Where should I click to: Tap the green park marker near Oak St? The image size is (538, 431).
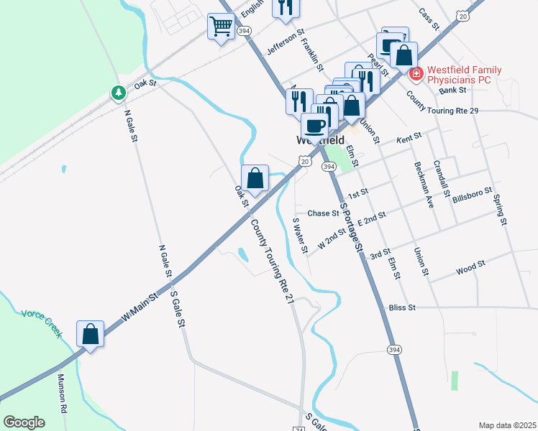coord(117,93)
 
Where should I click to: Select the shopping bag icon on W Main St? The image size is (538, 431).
coord(91,333)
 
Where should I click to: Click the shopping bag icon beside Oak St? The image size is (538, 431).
coord(255,177)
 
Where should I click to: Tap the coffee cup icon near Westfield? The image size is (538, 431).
coord(314,126)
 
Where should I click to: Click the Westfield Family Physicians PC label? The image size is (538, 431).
coord(459,75)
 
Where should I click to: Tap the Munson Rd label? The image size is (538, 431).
coord(63,392)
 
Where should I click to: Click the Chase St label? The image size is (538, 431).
coord(323,213)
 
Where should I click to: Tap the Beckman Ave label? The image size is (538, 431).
coord(424,184)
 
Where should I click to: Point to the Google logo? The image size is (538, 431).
coord(24,422)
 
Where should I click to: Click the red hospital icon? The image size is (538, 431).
coord(415,73)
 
